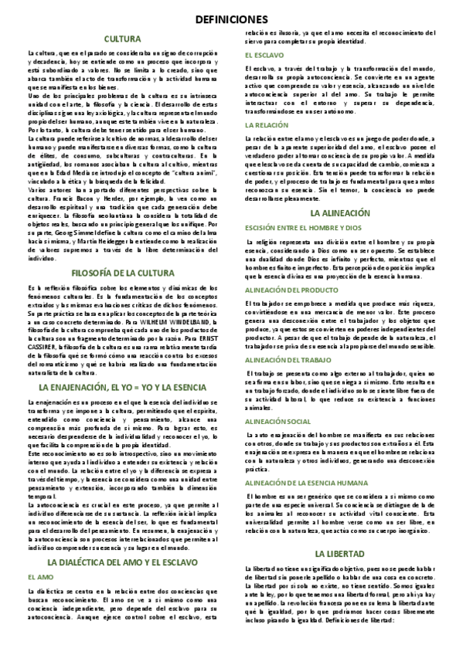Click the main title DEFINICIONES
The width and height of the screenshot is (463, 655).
point(231,19)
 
